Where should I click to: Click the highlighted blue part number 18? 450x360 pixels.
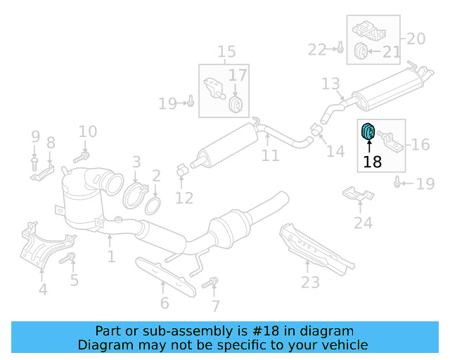(368, 131)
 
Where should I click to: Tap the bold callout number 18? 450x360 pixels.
(373, 162)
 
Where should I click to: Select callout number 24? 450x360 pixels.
(363, 224)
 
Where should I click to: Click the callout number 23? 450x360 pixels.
(310, 283)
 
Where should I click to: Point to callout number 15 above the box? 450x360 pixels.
(226, 52)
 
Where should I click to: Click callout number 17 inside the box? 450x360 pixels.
(238, 75)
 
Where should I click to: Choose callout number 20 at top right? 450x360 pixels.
(416, 39)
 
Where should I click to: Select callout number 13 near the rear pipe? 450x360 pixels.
(330, 84)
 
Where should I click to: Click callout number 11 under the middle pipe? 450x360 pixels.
(271, 155)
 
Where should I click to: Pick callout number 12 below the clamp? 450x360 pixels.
(184, 199)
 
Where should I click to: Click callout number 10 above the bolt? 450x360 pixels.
(87, 131)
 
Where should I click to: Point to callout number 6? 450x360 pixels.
(165, 303)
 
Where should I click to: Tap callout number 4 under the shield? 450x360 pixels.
(43, 289)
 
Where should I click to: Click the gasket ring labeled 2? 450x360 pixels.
(152, 206)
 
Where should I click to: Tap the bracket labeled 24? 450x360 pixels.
(356, 193)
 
